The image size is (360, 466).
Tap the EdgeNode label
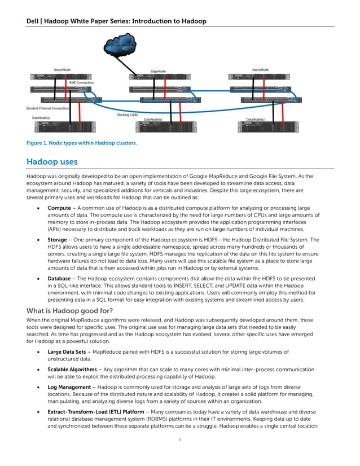[x=158, y=72]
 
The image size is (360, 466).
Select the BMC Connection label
[x=82, y=82]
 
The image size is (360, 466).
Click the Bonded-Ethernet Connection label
[x=48, y=108]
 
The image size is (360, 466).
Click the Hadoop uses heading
[x=52, y=162]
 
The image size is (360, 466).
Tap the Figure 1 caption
[x=81, y=143]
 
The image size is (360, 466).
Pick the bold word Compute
[x=59, y=208]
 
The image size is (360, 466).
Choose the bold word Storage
[x=58, y=240]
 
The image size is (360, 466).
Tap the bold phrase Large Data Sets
[x=67, y=352]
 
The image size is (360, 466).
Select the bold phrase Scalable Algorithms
[x=72, y=370]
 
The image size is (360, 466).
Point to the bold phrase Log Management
[x=69, y=387]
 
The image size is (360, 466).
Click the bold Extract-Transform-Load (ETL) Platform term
[x=95, y=412]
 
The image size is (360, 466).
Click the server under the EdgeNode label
[x=158, y=79]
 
